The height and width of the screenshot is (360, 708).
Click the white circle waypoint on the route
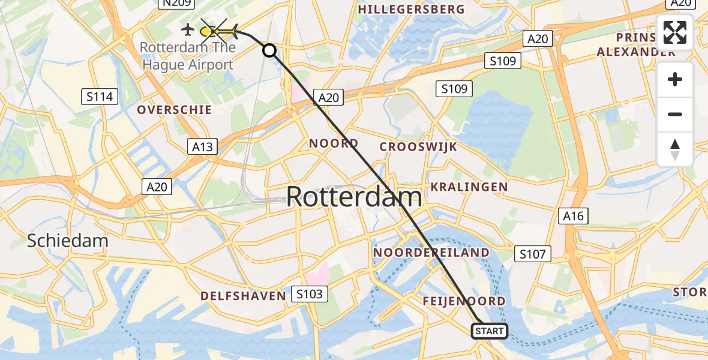pyautogui.click(x=269, y=51)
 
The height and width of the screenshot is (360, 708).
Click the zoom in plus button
pyautogui.click(x=675, y=80)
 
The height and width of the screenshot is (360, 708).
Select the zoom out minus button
pyautogui.click(x=675, y=115)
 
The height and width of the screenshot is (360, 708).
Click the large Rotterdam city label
pyautogui.click(x=354, y=197)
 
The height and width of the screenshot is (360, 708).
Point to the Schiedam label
pyautogui.click(x=68, y=241)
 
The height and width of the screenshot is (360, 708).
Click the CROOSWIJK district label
pyautogui.click(x=418, y=147)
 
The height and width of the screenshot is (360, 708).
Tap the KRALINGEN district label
pyautogui.click(x=469, y=187)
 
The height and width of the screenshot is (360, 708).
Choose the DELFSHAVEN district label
pyautogui.click(x=243, y=295)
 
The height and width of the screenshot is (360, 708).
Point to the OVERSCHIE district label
pyautogui.click(x=174, y=110)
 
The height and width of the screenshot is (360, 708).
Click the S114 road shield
pyautogui.click(x=100, y=96)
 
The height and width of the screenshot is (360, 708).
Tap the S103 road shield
pyautogui.click(x=310, y=294)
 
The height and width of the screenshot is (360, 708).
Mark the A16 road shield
pyautogui.click(x=573, y=216)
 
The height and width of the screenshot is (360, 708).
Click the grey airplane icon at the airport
pyautogui.click(x=187, y=29)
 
